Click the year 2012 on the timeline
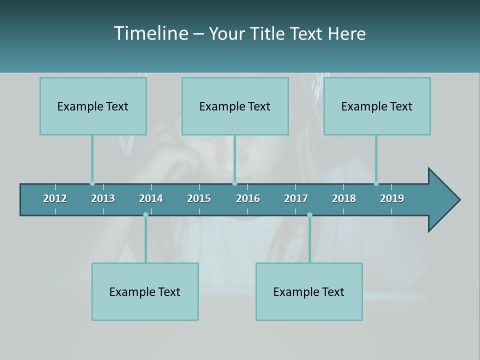point(55,198)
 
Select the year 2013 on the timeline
point(103,198)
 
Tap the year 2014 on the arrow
point(151,198)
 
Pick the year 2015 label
point(199,198)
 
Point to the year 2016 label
point(248,198)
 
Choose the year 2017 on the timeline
point(296,198)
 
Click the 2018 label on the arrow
point(344,198)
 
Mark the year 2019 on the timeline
point(392,198)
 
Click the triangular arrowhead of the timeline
point(443,200)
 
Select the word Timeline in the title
point(150,33)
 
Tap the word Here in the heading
point(346,33)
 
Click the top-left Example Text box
point(93,106)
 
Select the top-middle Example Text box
point(235,106)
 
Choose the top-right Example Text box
point(377,106)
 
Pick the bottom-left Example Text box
point(145,291)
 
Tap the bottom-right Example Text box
point(309,291)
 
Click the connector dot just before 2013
point(92,183)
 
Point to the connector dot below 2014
point(145,214)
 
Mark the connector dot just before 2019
point(376,183)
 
